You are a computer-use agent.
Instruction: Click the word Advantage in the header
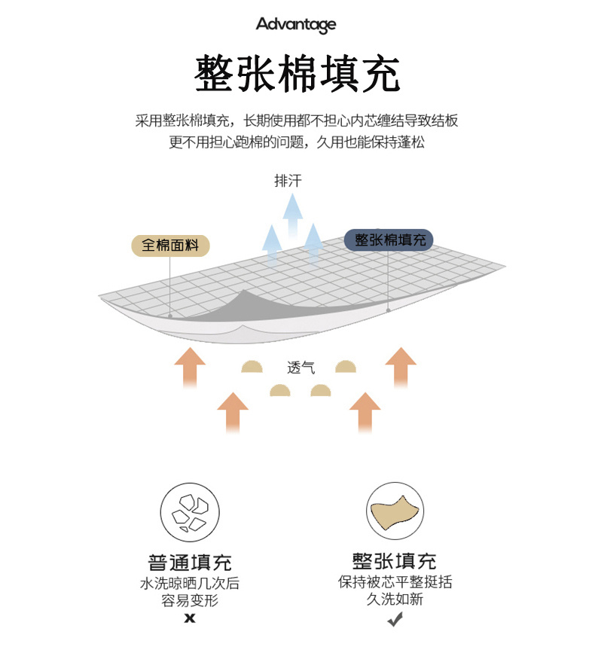coord(296,25)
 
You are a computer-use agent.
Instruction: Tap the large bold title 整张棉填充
coord(297,74)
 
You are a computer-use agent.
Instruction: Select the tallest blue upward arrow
coord(292,215)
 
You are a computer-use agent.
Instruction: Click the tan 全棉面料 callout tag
coord(170,246)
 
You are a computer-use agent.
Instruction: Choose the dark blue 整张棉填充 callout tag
coord(389,240)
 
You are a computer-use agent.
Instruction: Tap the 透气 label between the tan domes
coord(301,368)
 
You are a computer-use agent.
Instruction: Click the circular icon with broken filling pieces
coord(189,511)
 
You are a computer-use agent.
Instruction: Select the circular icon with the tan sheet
coord(395,511)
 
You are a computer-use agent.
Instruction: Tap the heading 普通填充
coord(190,562)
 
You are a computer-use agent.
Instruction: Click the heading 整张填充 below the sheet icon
coord(395,561)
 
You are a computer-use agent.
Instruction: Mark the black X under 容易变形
coord(190,618)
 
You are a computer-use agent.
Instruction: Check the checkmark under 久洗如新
coord(395,619)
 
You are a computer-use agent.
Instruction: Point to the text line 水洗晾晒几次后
coord(190,583)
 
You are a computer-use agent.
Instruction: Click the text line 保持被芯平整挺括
coord(395,582)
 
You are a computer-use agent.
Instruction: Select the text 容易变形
coord(190,601)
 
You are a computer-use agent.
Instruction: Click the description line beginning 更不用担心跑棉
coord(297,142)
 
